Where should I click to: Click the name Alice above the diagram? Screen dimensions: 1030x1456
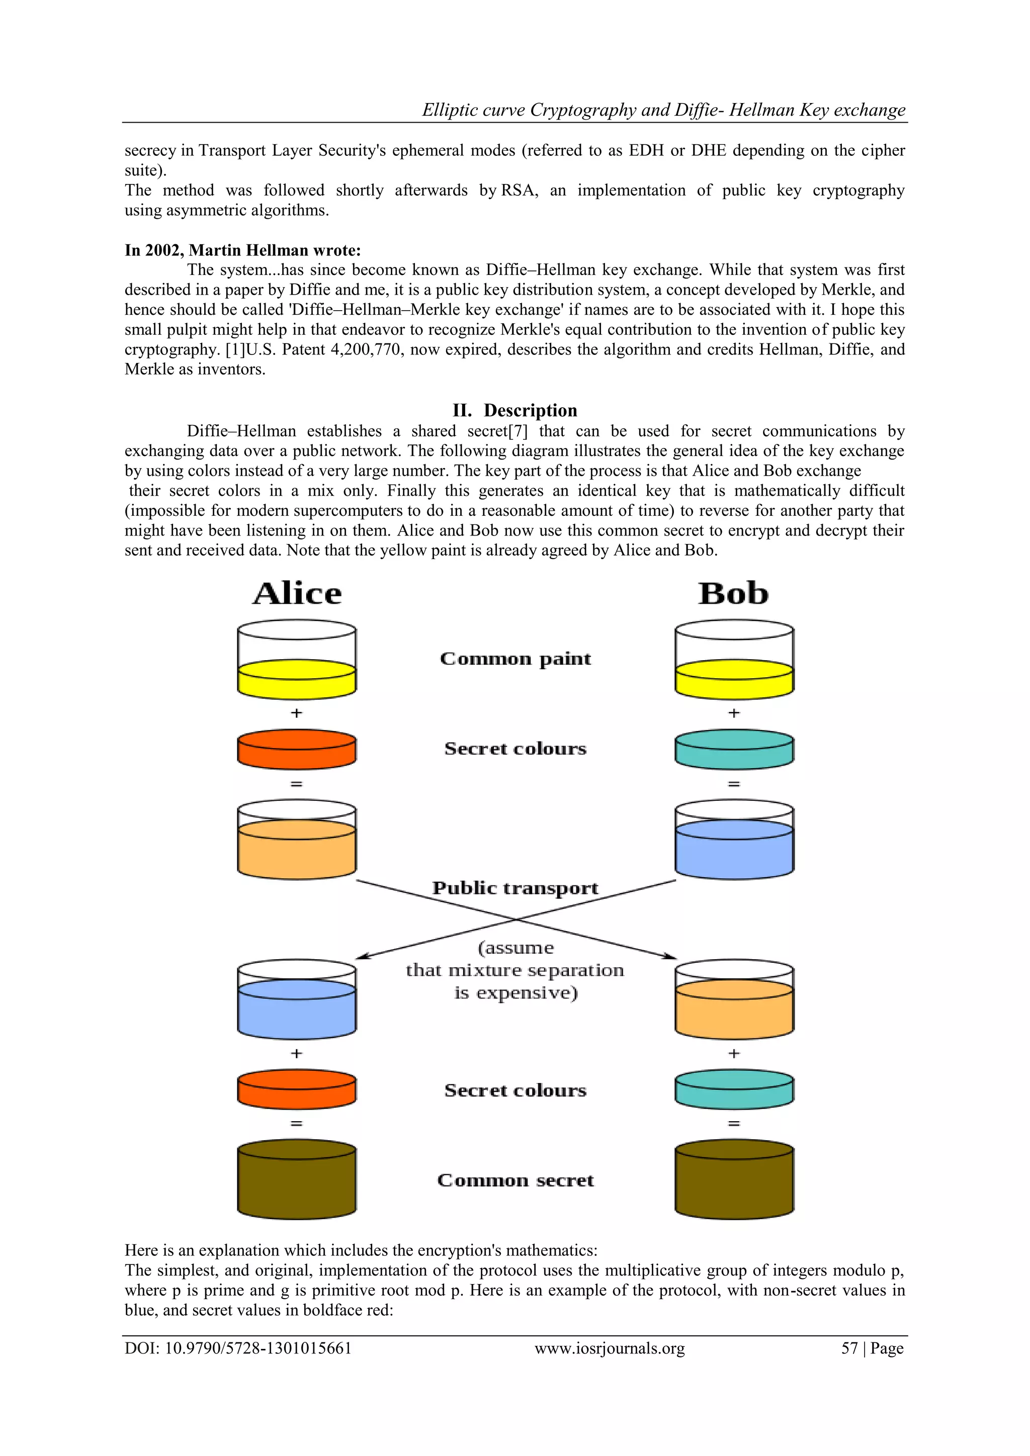click(x=297, y=594)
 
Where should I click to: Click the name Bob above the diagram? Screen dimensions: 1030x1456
click(x=733, y=594)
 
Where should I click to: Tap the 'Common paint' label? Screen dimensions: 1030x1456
click(x=515, y=659)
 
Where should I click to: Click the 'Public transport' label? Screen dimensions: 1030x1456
click(x=515, y=888)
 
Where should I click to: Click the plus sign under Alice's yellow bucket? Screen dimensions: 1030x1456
click(x=296, y=713)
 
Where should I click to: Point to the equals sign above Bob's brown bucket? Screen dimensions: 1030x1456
click(x=734, y=1123)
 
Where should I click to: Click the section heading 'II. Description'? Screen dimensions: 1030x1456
click(x=514, y=410)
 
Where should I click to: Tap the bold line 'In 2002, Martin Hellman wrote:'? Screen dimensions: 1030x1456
click(x=242, y=250)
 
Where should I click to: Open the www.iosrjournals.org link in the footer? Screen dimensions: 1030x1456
click(x=610, y=1348)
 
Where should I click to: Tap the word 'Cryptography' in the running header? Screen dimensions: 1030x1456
click(x=583, y=110)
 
